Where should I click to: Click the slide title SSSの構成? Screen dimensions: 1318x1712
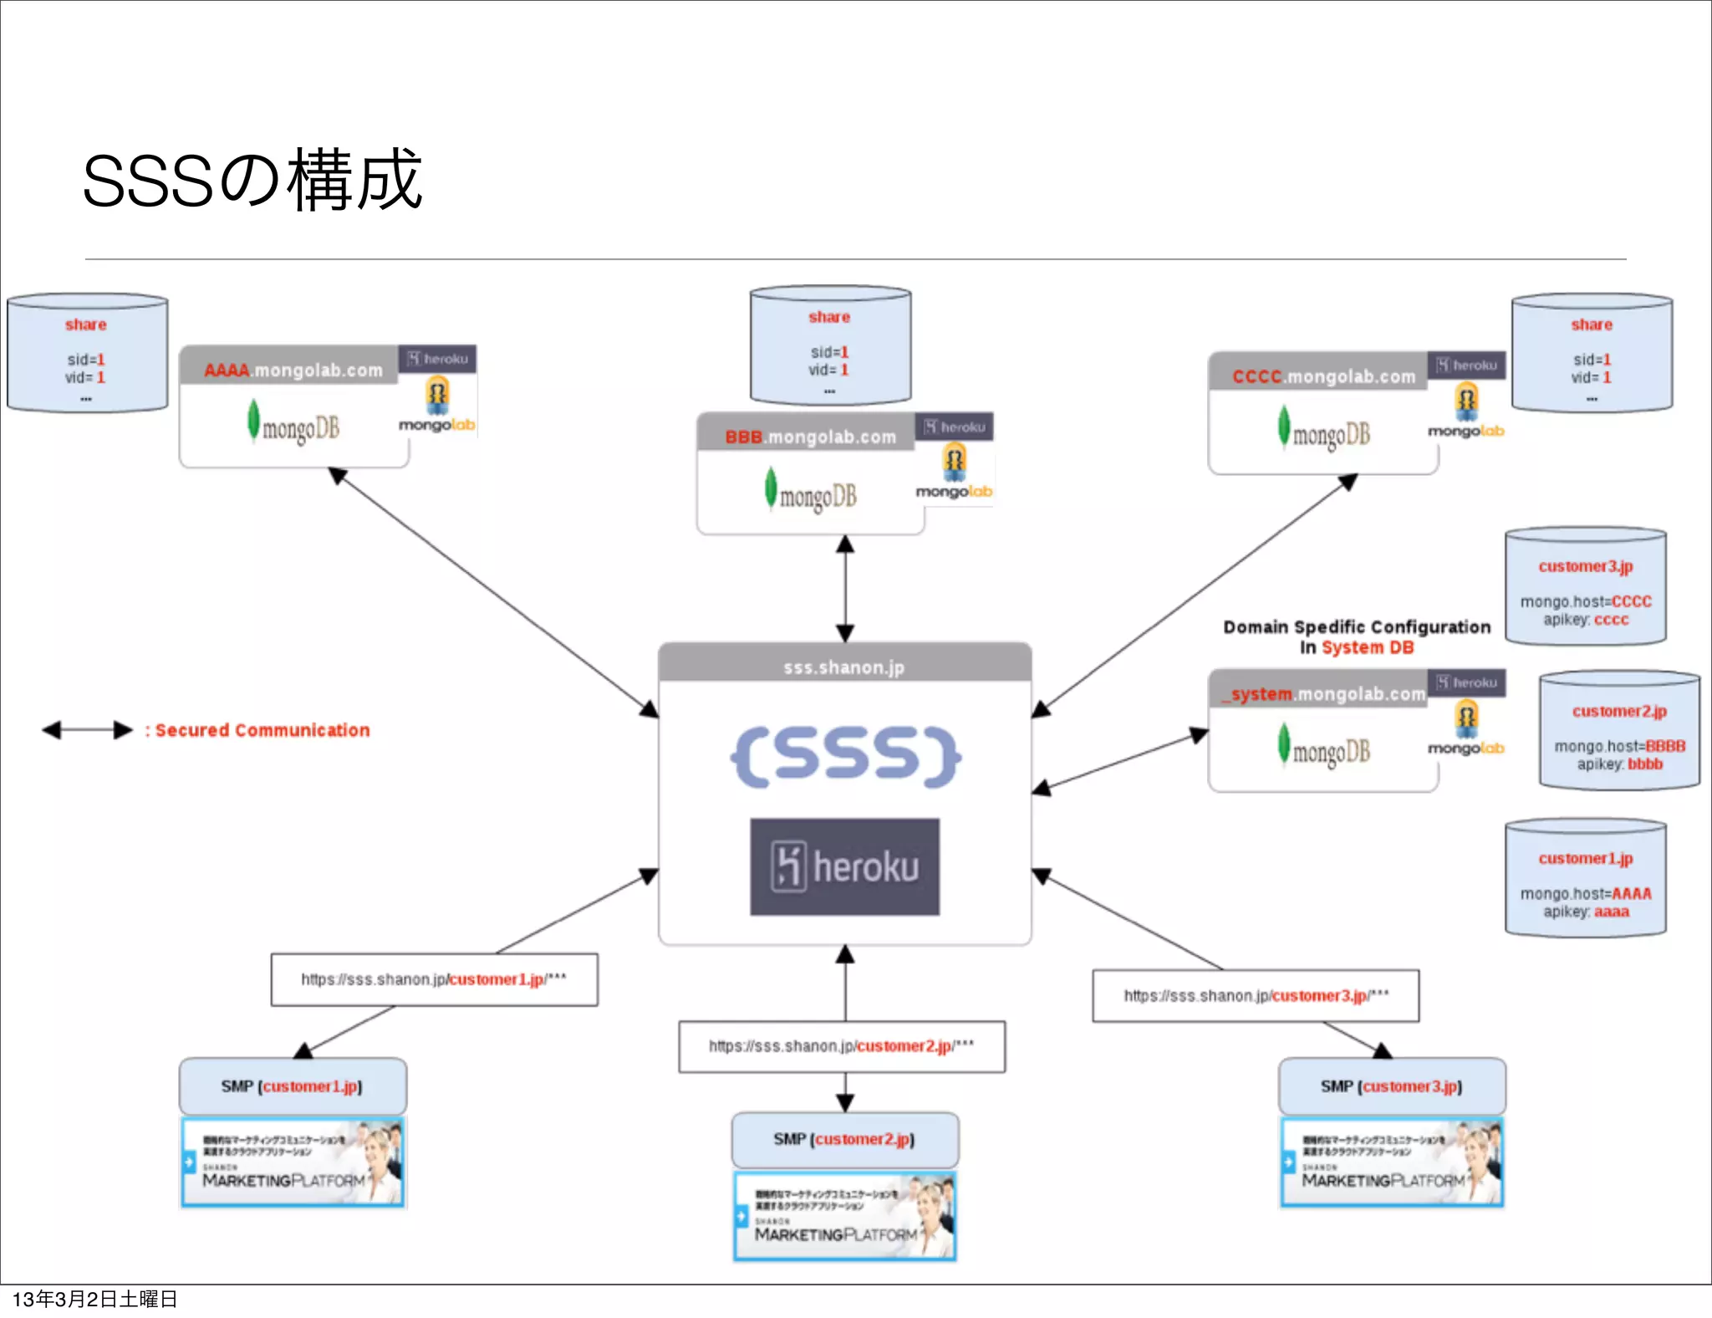click(252, 180)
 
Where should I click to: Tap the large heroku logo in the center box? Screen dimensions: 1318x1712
click(844, 866)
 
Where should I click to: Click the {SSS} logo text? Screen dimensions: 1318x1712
click(844, 755)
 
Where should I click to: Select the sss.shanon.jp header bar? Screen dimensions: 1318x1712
click(844, 667)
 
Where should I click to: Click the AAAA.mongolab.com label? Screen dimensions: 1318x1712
click(293, 370)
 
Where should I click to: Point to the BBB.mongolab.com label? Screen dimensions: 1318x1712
click(809, 437)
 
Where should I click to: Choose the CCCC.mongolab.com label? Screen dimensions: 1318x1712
click(1323, 376)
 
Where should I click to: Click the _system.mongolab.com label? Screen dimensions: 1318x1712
click(1323, 693)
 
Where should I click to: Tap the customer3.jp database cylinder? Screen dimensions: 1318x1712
click(1586, 588)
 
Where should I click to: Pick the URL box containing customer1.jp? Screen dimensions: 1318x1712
click(434, 979)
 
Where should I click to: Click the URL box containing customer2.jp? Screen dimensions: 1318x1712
click(842, 1046)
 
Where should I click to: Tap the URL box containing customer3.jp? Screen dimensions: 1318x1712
click(1256, 995)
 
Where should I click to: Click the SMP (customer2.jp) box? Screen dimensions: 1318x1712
click(844, 1139)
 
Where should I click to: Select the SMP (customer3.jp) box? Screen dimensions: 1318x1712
click(1392, 1086)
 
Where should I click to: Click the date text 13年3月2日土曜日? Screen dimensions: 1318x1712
click(94, 1299)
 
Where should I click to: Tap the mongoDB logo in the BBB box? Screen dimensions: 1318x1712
click(811, 495)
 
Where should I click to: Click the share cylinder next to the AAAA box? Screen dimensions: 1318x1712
click(87, 354)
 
